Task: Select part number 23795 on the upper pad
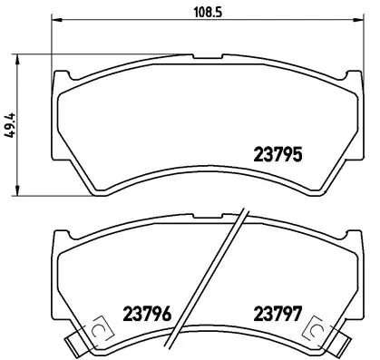[x=276, y=154]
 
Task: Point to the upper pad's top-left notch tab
[x=62, y=73]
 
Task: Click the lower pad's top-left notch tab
[x=62, y=233]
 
